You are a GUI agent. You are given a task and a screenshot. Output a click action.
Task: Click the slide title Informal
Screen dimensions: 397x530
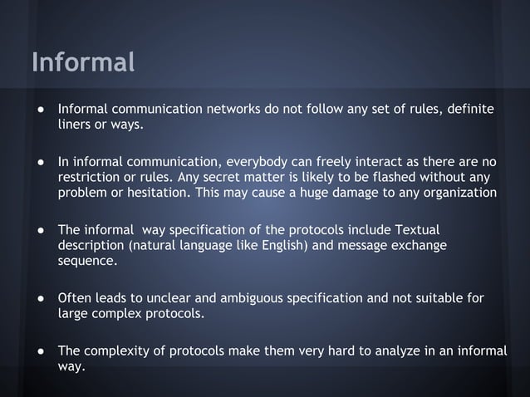82,62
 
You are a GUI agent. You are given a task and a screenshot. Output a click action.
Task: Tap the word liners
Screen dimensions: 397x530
76,125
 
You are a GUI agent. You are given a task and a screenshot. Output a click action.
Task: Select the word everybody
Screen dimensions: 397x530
247,160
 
